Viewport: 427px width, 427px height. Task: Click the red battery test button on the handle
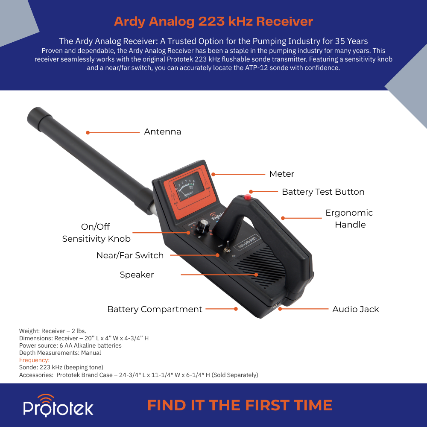(248, 197)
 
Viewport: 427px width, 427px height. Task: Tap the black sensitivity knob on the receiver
(202, 225)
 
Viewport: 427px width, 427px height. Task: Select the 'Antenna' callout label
(163, 132)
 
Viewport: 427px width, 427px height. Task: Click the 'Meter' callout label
(281, 174)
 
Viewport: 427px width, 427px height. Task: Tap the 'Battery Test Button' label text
(323, 192)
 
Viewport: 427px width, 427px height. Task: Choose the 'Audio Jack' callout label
(355, 309)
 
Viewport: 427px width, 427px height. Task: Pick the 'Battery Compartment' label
(155, 309)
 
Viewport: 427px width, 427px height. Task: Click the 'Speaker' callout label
(137, 275)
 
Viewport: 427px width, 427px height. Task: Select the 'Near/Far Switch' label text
(130, 255)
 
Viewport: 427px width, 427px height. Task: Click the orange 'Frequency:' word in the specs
(34, 360)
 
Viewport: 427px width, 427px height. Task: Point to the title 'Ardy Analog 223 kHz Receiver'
(213, 21)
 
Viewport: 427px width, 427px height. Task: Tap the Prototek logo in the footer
(58, 406)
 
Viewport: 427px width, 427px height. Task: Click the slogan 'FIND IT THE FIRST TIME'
(240, 405)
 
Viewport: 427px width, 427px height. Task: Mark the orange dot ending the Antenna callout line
(88, 133)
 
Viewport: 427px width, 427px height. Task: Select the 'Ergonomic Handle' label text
(349, 219)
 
